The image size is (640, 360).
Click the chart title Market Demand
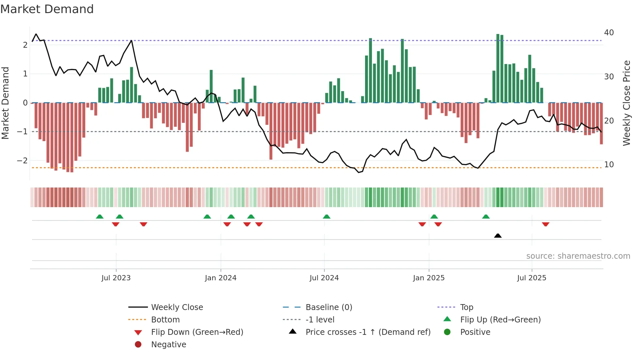[47, 9]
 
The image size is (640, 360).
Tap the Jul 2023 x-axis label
[116, 278]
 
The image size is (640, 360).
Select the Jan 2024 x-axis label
[220, 278]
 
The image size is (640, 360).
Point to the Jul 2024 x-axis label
[324, 278]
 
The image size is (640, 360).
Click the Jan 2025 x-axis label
[428, 278]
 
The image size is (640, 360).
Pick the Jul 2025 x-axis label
[532, 278]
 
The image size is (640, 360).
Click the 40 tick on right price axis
[609, 33]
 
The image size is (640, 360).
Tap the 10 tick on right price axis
[609, 165]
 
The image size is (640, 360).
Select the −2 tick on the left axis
[22, 161]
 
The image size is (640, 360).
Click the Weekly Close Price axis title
[626, 103]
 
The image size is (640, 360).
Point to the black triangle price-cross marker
[498, 236]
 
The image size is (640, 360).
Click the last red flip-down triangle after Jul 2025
[545, 224]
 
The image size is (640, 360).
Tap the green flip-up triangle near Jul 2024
[327, 217]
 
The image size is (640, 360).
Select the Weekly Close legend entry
[177, 307]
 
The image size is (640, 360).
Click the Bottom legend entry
[165, 320]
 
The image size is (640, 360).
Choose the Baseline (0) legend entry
[328, 307]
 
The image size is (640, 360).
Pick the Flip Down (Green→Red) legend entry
[197, 332]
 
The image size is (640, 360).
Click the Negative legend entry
[168, 345]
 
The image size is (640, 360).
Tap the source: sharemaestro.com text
[578, 256]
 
